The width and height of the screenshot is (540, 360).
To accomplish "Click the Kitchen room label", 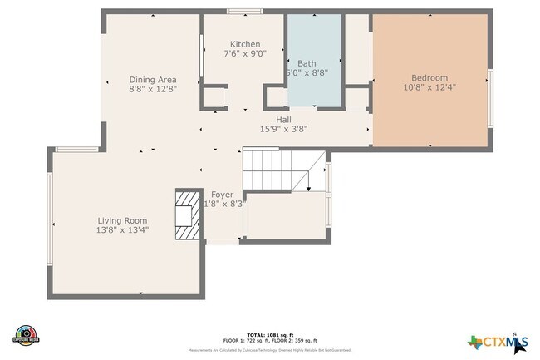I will point(245,44).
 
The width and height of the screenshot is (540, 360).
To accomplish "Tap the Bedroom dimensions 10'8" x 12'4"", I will point(430,86).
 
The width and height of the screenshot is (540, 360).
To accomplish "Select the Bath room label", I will point(307,63).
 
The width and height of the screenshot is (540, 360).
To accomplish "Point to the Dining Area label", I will point(152,80).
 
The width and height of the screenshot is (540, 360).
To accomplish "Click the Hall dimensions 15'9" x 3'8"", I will point(284,129).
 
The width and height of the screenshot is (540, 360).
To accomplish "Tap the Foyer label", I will point(222,195).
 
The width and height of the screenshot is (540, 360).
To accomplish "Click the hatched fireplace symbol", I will point(187,215).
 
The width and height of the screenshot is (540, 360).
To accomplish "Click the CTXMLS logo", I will point(497,341).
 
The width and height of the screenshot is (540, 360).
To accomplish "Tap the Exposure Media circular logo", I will point(27,334).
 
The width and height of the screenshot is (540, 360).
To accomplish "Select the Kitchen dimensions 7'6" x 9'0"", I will point(245,54).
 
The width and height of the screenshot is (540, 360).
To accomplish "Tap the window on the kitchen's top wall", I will point(241,11).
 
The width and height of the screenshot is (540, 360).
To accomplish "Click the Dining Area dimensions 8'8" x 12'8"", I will point(152,89).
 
